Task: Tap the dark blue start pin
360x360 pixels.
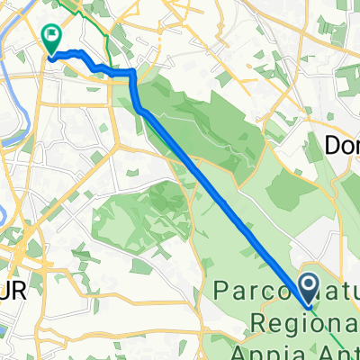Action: (x=308, y=291)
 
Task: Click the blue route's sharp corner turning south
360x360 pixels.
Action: (x=134, y=72)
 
